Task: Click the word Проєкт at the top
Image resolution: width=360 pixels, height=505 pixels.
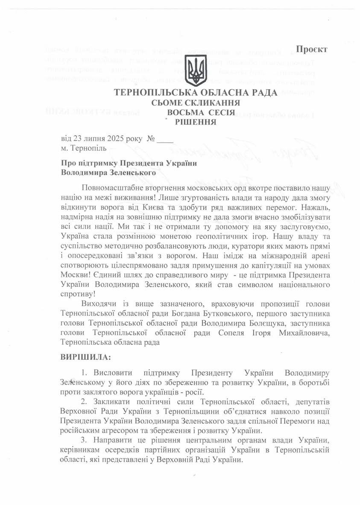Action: click(312, 49)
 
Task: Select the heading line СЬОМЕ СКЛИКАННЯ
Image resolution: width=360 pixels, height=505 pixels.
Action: click(196, 103)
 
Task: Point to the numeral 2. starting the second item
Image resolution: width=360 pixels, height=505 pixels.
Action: click(83, 402)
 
